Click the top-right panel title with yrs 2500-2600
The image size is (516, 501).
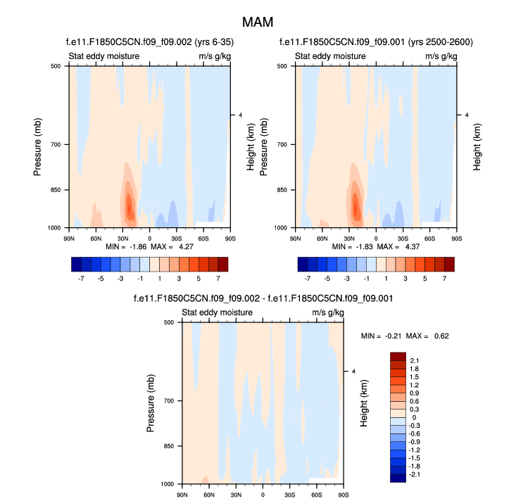[x=376, y=43]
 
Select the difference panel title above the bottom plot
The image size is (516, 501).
[x=263, y=299]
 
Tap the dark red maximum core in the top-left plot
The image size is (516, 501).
[x=129, y=207]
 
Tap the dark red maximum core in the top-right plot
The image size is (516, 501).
[x=355, y=207]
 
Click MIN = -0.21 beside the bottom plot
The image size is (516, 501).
[x=381, y=336]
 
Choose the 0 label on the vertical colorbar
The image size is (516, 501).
[x=414, y=417]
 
